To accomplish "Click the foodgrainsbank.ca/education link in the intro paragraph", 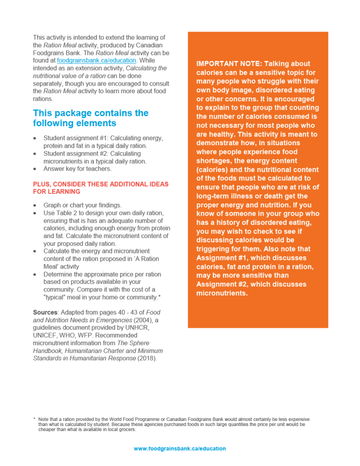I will (96, 60).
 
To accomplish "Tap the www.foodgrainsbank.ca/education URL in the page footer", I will (179, 448).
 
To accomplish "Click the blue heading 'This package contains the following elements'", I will (91, 118).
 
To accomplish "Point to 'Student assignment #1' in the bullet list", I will (76, 138).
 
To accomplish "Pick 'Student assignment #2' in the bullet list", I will (76, 153).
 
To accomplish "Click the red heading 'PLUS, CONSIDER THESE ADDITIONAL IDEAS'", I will (101, 184).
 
